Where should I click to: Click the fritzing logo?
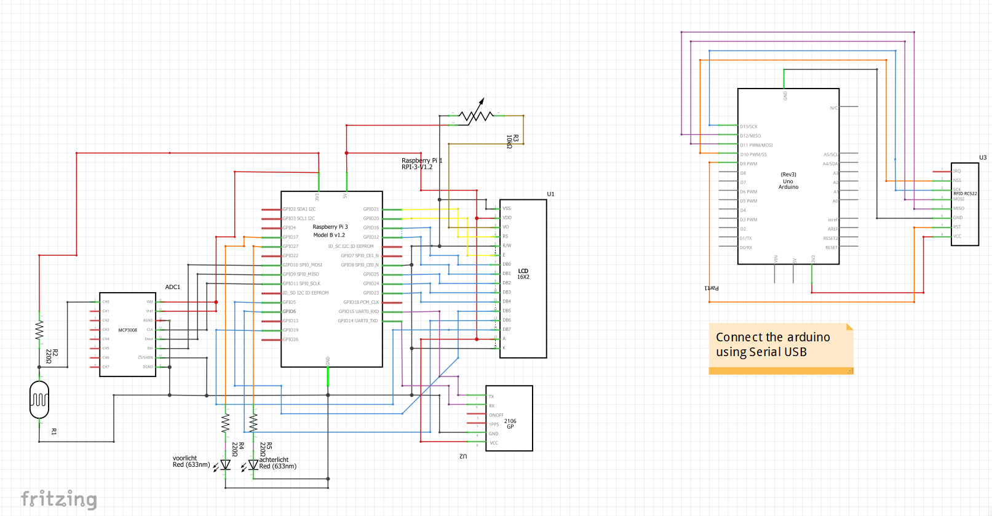(x=59, y=499)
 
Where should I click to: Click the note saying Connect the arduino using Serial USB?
(x=780, y=345)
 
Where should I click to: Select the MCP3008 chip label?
(x=128, y=330)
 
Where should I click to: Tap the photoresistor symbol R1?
(x=39, y=400)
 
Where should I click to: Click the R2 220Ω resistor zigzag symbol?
(x=39, y=330)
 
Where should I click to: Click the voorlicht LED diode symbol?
(x=226, y=465)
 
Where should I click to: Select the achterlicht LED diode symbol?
(x=253, y=465)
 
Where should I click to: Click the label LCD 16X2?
(x=523, y=274)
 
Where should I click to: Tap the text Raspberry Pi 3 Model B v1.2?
(x=330, y=231)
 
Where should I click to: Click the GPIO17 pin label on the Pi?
(x=290, y=237)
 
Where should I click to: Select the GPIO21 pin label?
(x=371, y=209)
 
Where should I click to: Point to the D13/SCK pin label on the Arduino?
(x=748, y=127)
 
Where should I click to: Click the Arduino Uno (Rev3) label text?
(x=788, y=181)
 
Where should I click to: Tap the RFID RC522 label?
(x=965, y=194)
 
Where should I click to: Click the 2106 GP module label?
(x=510, y=424)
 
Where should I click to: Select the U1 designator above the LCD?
(x=550, y=194)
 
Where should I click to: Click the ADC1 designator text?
(x=173, y=287)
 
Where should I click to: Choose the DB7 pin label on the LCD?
(x=507, y=329)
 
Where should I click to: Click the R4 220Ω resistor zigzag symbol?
(x=226, y=423)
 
